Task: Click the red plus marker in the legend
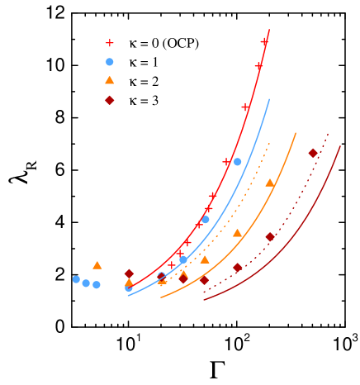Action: point(109,43)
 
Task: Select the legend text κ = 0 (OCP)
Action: point(163,43)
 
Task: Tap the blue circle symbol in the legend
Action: point(109,62)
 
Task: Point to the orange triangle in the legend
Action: point(109,80)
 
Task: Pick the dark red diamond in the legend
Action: point(109,100)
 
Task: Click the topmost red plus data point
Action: point(265,41)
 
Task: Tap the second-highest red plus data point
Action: point(258,65)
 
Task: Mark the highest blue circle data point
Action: point(238,162)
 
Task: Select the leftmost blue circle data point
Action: point(76,279)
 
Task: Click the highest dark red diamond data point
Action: point(313,153)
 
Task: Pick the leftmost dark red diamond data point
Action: point(129,273)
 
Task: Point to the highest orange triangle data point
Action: point(269,183)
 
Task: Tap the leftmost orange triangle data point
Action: point(97,265)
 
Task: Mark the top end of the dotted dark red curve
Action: point(328,132)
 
